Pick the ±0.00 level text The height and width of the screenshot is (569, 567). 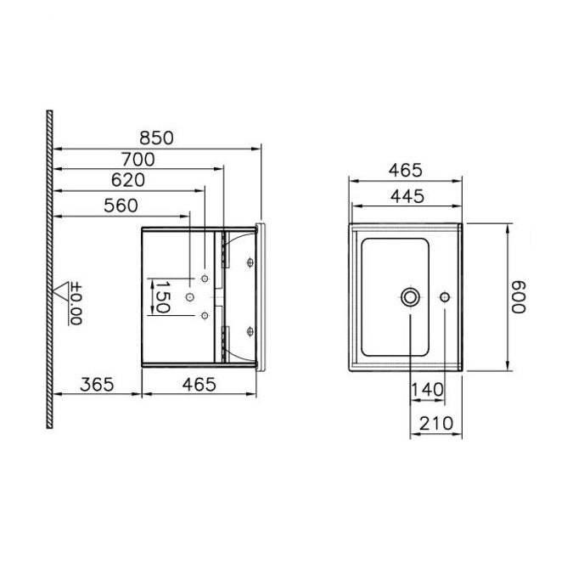75,304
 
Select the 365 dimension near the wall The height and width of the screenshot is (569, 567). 97,383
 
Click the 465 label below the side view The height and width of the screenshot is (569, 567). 198,383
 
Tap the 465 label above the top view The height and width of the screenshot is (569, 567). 406,169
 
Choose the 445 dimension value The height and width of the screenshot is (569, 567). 406,195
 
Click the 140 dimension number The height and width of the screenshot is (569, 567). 427,390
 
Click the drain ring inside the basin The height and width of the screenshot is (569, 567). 411,296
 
